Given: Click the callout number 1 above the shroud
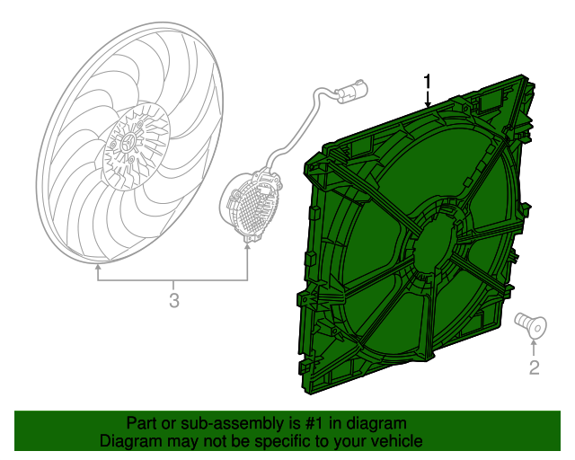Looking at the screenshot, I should (x=429, y=82).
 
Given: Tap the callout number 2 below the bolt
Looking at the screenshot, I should (x=534, y=367).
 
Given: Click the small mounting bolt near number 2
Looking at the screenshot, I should (x=528, y=324).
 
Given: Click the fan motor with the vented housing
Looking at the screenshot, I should (x=252, y=205).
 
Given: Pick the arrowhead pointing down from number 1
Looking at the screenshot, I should (x=429, y=104).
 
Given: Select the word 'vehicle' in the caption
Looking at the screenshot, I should (x=394, y=441).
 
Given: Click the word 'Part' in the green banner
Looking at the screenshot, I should (x=142, y=423).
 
